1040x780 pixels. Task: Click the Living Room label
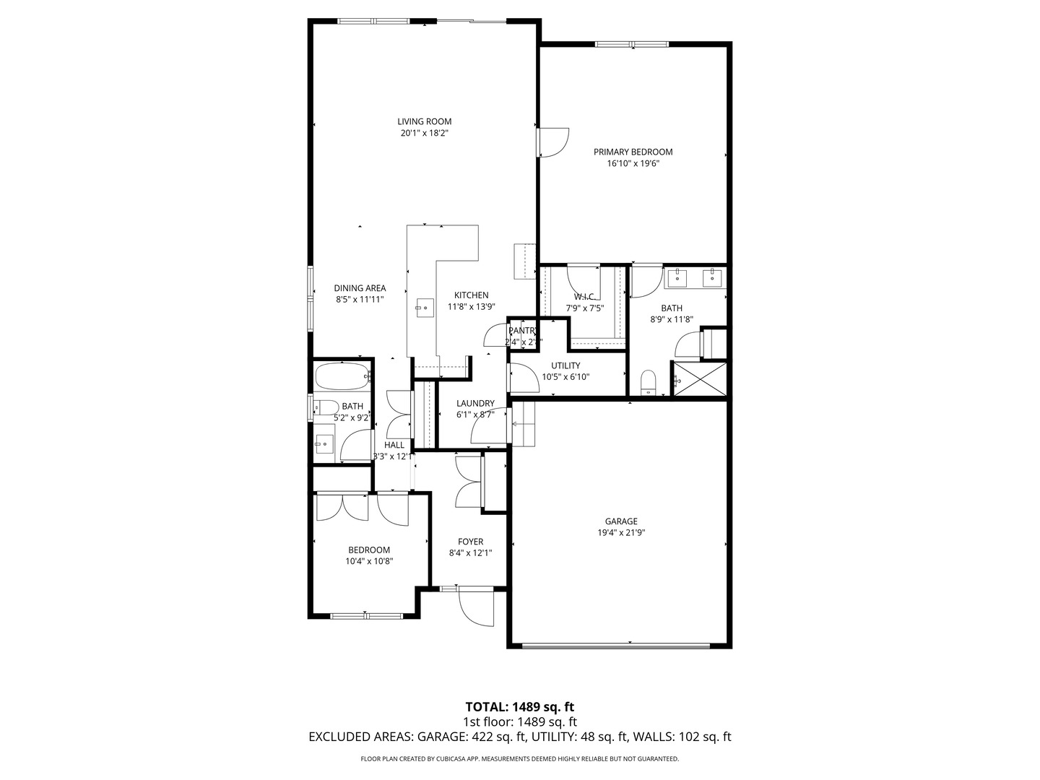click(424, 121)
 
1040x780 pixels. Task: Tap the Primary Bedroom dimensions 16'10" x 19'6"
click(633, 164)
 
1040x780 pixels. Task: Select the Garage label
click(621, 521)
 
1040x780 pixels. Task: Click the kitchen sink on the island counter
click(424, 308)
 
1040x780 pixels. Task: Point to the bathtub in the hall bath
click(342, 376)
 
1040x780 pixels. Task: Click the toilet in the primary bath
click(648, 382)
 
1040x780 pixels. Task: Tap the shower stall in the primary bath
click(699, 378)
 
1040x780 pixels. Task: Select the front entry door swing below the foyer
click(475, 607)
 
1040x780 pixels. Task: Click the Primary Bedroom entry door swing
click(553, 142)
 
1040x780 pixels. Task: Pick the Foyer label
click(470, 542)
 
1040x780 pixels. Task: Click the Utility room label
click(565, 365)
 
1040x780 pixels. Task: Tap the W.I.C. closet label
click(584, 297)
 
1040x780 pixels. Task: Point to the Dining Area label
click(360, 288)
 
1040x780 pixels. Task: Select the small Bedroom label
click(369, 550)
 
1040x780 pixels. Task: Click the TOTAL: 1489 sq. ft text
click(519, 706)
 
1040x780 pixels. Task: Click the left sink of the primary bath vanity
click(679, 277)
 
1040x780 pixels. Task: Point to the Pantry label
click(522, 331)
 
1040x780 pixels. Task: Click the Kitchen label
click(471, 295)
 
